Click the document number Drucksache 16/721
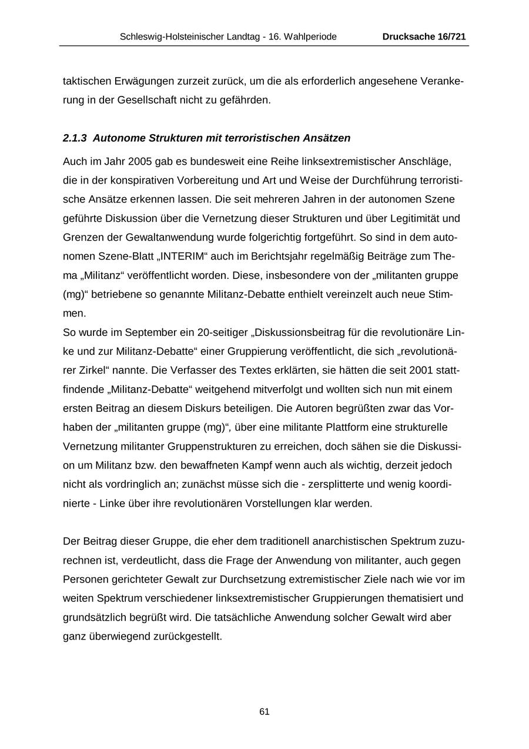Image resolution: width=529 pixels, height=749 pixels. click(x=424, y=36)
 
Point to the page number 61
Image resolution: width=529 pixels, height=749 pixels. click(x=264, y=712)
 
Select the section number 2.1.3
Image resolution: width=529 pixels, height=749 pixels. click(x=75, y=138)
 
